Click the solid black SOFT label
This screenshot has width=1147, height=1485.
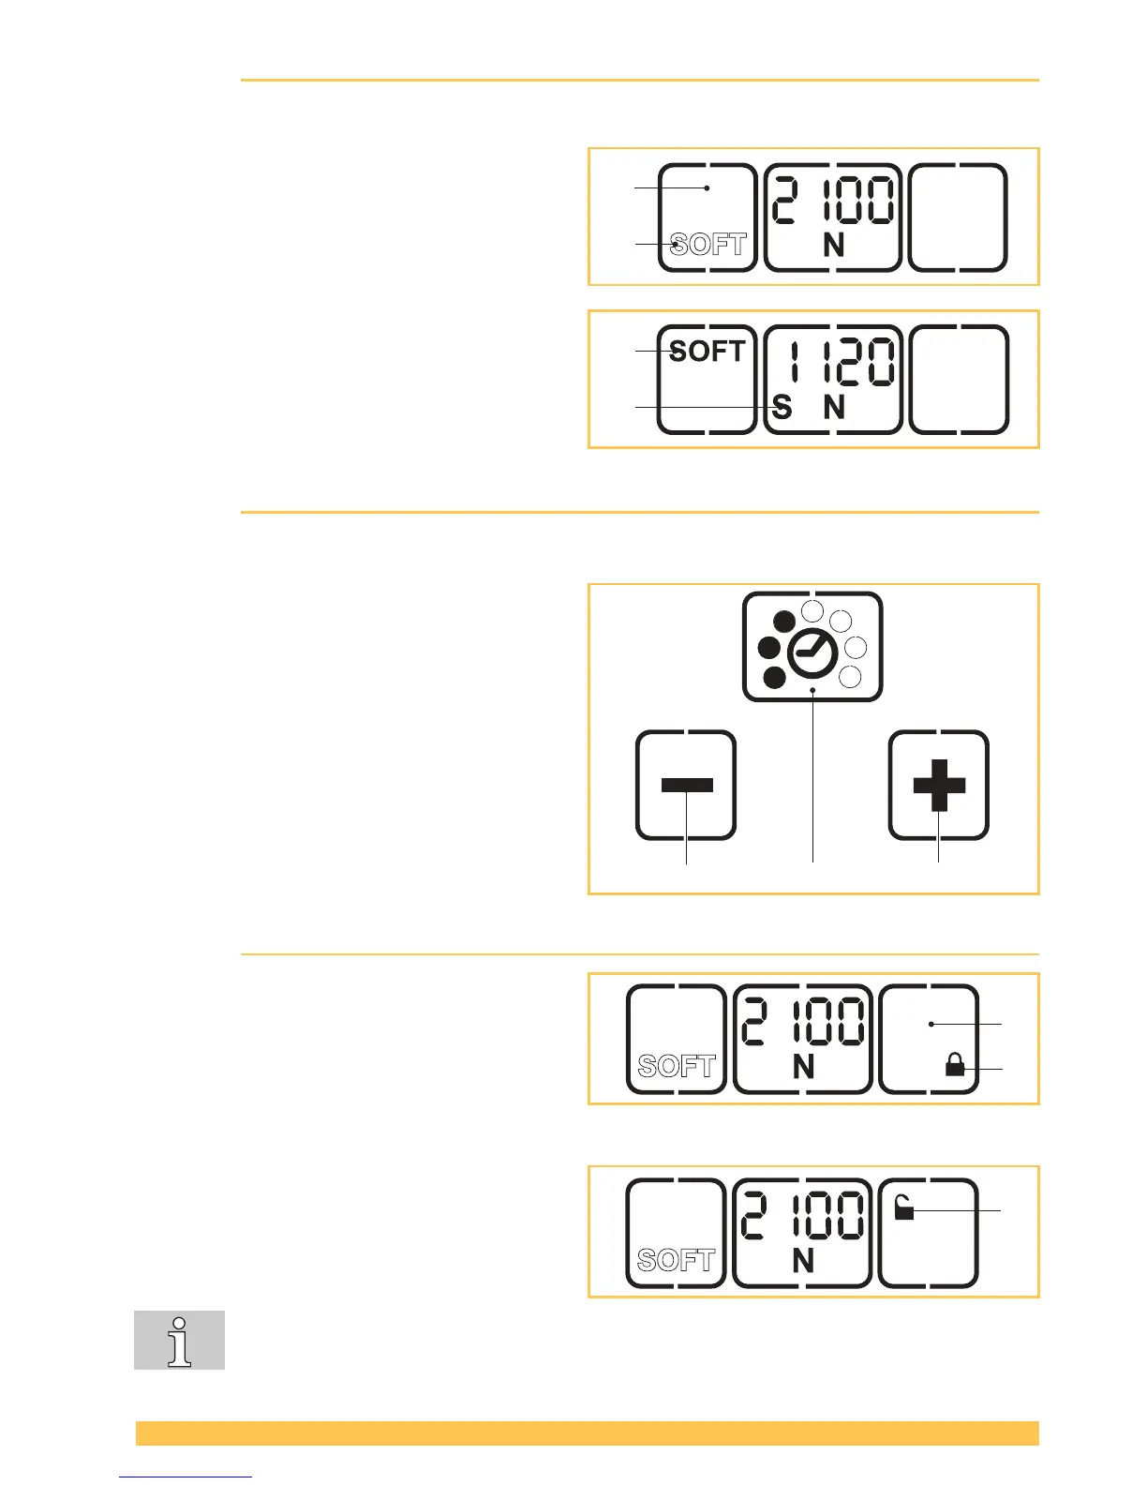pos(707,352)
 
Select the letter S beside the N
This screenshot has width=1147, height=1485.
pos(782,408)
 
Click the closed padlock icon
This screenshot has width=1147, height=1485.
pos(955,1064)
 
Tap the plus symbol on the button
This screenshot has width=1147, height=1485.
pos(939,785)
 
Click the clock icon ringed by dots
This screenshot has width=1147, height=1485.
pos(812,652)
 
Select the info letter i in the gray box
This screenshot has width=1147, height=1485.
pos(179,1341)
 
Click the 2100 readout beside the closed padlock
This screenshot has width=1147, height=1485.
pos(803,1022)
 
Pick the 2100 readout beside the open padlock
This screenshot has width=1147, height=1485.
pos(803,1216)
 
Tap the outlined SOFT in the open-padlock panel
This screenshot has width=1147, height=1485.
pos(676,1260)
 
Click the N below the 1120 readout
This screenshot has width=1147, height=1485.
pos(834,408)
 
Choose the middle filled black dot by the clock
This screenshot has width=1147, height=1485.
pos(769,648)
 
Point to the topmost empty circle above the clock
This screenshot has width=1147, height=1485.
pos(813,612)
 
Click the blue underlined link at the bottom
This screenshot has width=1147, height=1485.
pos(186,1477)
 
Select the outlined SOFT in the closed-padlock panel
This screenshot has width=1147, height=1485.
pos(676,1066)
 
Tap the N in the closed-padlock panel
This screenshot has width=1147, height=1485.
pos(803,1067)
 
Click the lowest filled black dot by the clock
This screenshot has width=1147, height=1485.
pos(775,678)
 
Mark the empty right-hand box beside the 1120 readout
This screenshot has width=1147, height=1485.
pos(959,380)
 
